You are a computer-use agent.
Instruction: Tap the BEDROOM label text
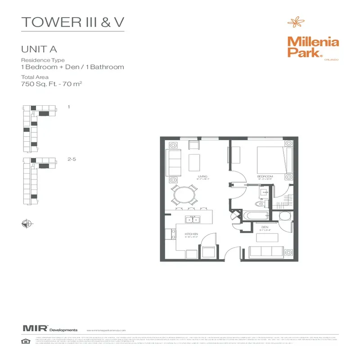[265, 176]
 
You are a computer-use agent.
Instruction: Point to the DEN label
[265, 228]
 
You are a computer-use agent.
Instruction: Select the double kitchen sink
[193, 220]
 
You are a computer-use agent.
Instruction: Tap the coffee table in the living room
[194, 161]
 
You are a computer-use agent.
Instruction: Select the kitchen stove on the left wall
[170, 234]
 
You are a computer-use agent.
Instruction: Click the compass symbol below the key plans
[26, 222]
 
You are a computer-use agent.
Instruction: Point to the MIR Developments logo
[49, 330]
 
